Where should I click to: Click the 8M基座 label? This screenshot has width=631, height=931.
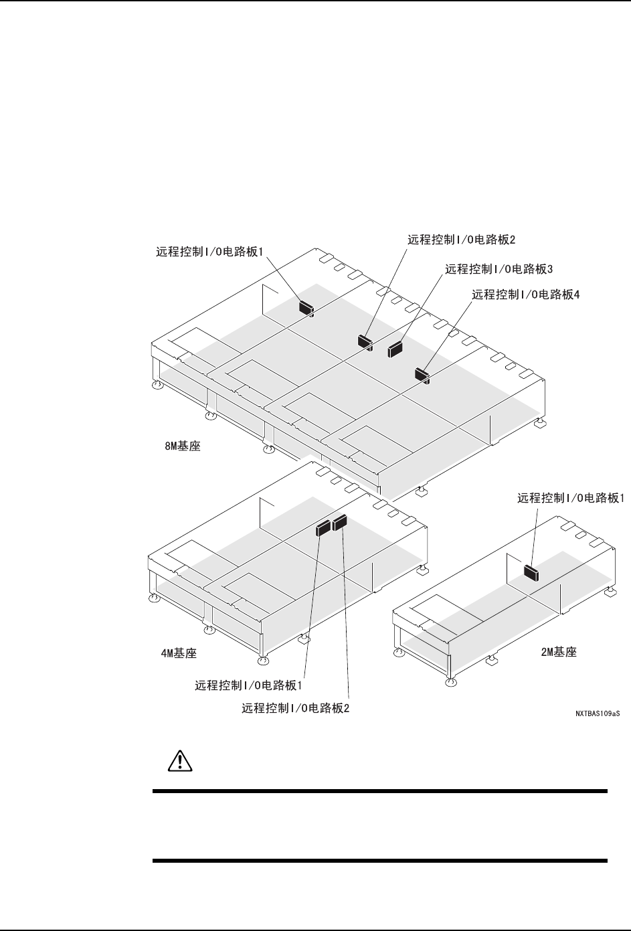[x=183, y=444]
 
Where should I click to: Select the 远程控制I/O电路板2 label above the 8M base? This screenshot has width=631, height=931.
[x=462, y=239]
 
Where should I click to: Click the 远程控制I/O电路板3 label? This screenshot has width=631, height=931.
[x=499, y=269]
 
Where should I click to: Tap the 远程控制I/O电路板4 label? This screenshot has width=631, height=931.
[x=526, y=294]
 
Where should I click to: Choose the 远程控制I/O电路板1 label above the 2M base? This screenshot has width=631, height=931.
[x=571, y=498]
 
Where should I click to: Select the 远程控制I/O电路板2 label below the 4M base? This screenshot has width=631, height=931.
[x=296, y=708]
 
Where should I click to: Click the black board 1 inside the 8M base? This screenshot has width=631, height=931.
[x=306, y=307]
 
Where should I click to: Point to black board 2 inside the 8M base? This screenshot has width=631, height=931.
[x=365, y=341]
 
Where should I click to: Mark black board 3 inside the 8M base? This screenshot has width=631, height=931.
[x=395, y=349]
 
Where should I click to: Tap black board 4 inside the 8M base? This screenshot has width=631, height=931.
[x=422, y=375]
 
